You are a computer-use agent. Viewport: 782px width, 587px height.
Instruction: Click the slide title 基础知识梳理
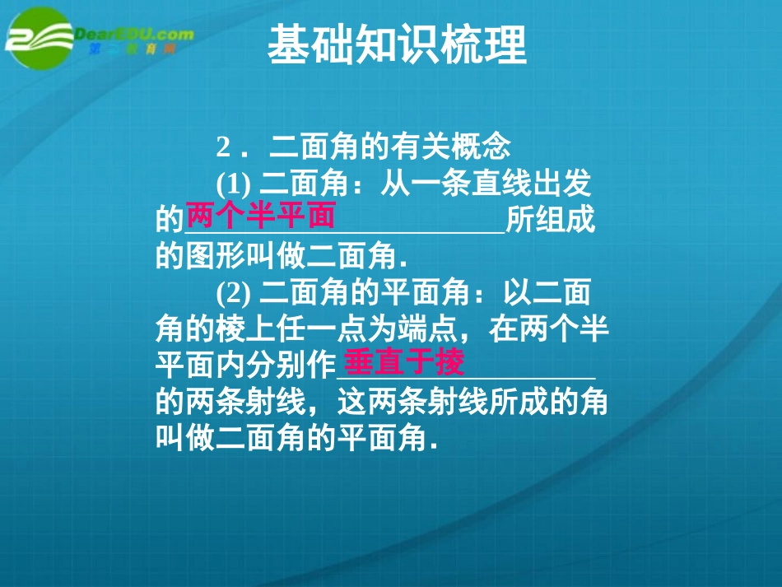point(397,46)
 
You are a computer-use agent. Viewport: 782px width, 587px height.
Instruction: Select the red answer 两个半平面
point(261,217)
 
